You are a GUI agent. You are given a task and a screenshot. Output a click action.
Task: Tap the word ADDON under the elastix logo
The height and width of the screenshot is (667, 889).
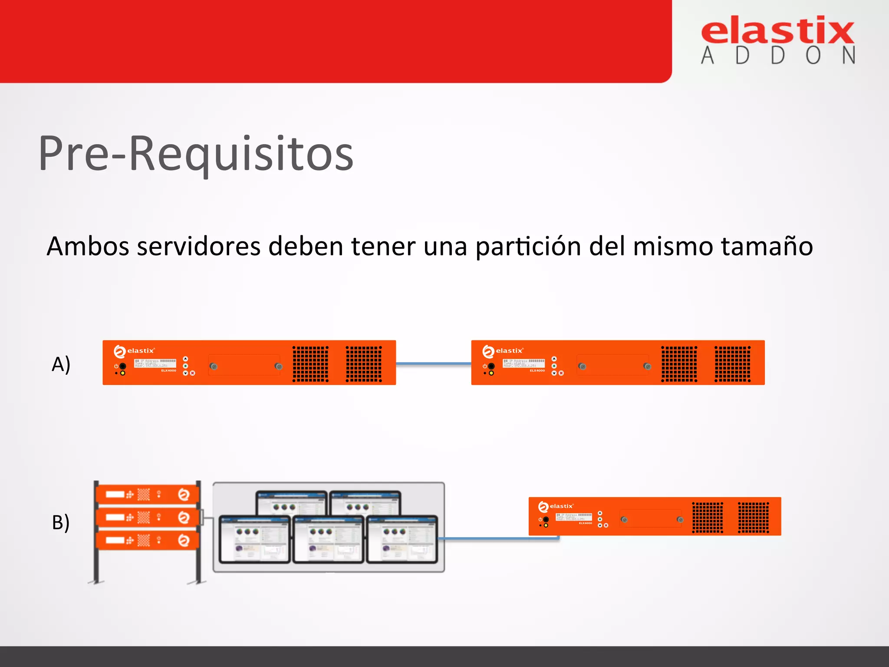(777, 56)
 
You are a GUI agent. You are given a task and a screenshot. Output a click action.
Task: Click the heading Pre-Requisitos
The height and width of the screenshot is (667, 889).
(196, 154)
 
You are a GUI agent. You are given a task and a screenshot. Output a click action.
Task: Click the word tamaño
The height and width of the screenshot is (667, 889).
(767, 246)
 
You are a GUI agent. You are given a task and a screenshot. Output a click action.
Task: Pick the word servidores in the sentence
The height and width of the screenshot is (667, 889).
(198, 246)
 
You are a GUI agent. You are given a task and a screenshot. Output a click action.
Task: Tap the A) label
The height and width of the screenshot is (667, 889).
(61, 364)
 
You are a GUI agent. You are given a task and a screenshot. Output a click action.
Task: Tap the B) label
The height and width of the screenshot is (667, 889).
(61, 522)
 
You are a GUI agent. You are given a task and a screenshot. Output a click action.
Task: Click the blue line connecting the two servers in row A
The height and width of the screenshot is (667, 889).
(433, 363)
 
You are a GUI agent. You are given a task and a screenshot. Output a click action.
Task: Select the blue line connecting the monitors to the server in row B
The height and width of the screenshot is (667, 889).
(499, 538)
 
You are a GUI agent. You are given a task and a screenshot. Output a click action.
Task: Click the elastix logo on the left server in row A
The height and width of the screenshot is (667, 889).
(134, 351)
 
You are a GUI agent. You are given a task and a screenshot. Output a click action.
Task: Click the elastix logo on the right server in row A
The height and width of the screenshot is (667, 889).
(503, 351)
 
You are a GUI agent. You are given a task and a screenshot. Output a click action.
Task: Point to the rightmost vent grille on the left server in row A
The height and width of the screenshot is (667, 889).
(364, 364)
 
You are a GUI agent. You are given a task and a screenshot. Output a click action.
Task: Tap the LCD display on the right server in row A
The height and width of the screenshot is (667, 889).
(524, 363)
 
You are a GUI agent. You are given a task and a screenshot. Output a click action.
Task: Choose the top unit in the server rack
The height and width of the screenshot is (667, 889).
(148, 494)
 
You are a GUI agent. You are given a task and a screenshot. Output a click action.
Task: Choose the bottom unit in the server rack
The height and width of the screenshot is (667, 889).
(148, 540)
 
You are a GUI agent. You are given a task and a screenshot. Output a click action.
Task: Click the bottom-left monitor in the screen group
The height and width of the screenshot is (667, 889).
(254, 539)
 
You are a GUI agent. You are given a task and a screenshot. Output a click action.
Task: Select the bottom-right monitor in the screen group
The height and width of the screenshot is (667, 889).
(402, 539)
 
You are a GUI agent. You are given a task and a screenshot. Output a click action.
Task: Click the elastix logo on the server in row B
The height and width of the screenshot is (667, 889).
(556, 506)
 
